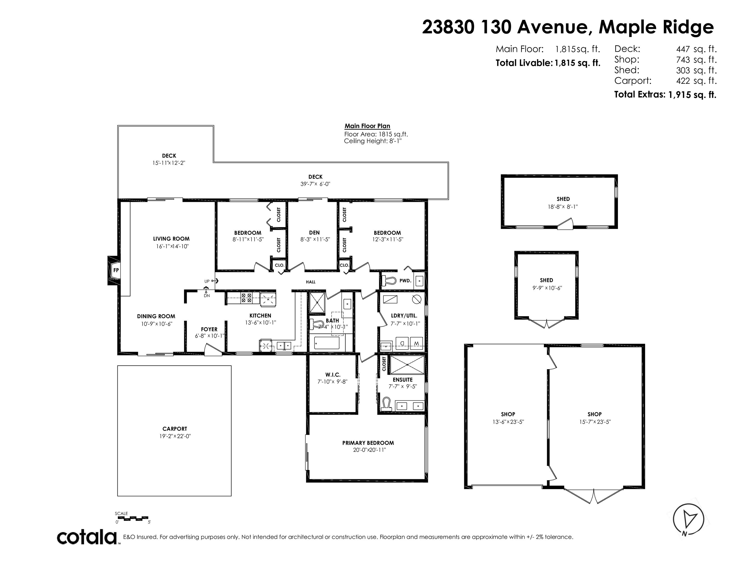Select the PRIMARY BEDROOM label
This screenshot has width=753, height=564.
[368, 443]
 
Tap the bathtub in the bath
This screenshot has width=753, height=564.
[327, 343]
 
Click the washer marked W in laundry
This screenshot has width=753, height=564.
[416, 343]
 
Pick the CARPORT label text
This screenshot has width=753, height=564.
[175, 429]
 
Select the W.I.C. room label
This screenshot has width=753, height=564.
[333, 375]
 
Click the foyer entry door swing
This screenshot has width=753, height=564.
[213, 350]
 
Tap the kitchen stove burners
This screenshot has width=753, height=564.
[246, 298]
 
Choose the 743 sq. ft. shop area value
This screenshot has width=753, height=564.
[696, 60]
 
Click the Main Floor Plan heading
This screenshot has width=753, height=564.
[367, 126]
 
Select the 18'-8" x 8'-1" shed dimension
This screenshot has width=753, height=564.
[563, 206]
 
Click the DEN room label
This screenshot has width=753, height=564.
[314, 233]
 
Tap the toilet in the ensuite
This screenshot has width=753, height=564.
[386, 404]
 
